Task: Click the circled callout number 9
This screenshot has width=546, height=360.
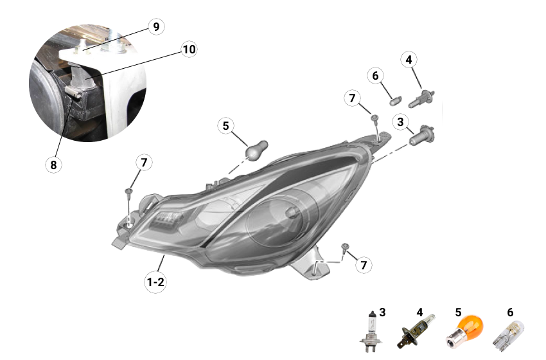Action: pos(155,26)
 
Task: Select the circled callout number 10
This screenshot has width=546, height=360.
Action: pos(188,50)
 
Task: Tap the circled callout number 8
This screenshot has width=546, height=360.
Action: pos(53,165)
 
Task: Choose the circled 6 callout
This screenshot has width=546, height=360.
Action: pos(376,75)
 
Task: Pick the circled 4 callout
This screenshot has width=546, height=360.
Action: pos(409,60)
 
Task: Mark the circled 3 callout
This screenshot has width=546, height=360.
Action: pos(400,121)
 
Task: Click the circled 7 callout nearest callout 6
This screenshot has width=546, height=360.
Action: pos(351,98)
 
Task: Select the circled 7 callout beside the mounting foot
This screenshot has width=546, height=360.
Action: pos(364,264)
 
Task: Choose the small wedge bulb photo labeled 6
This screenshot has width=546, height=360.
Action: pos(507,334)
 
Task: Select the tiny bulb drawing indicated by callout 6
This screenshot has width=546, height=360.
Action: pos(394,99)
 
